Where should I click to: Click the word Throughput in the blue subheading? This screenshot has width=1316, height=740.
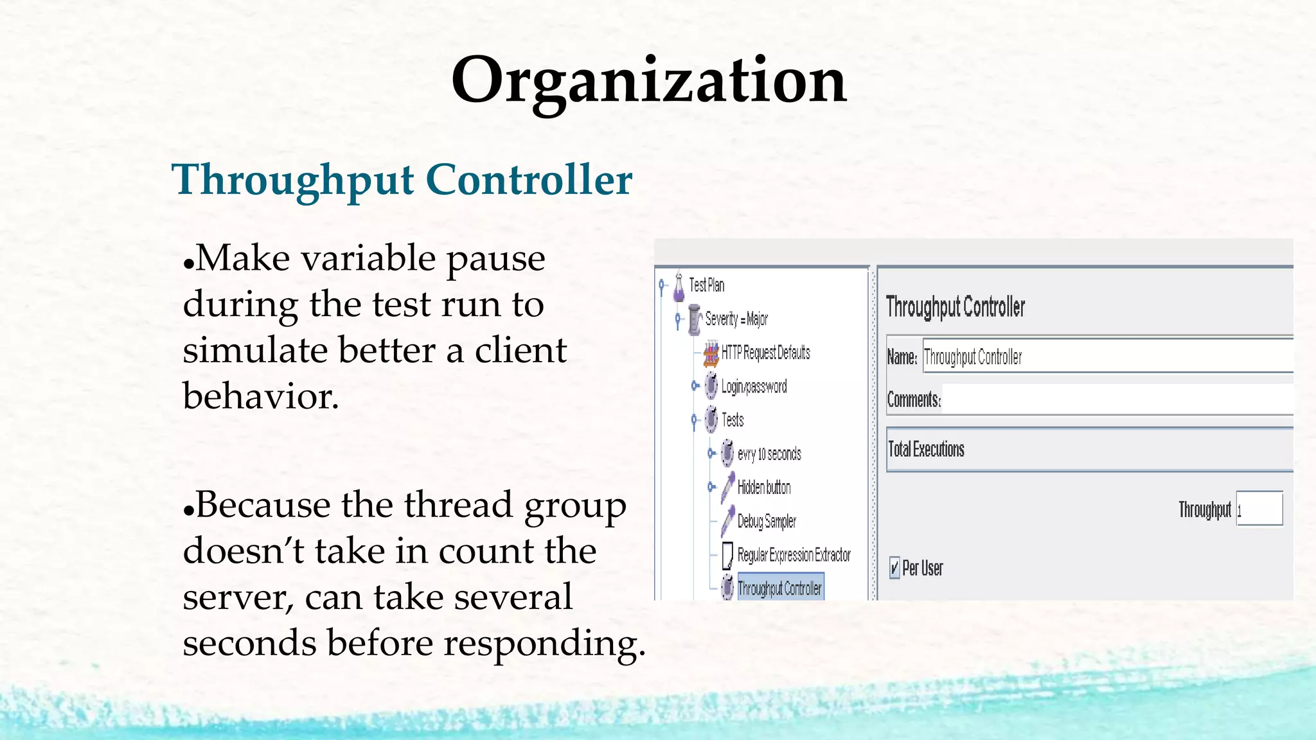pos(292,180)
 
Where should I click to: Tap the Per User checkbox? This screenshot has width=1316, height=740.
pos(894,568)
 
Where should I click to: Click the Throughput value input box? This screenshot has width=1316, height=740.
pos(1259,509)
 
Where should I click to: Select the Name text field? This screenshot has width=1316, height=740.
pos(1105,357)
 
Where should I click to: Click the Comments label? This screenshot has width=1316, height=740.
pos(914,400)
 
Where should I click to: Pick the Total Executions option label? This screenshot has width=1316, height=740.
pos(926,450)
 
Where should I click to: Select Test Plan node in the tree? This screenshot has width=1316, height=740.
pos(706,285)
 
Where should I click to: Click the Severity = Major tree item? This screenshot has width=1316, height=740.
pos(736,319)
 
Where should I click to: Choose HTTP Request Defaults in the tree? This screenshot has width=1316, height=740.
pos(765,353)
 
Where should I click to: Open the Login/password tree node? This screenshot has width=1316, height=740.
pos(754,387)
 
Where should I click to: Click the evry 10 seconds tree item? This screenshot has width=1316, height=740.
pos(769,454)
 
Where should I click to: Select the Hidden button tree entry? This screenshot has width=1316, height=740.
pos(764,488)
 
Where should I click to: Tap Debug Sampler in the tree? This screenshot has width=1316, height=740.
pos(767,521)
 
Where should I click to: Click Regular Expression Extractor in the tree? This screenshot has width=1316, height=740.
pos(794,555)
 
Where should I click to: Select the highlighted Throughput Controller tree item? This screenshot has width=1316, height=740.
pos(779,588)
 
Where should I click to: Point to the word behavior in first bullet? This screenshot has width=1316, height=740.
pos(260,396)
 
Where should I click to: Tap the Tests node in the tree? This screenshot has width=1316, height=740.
pos(733,420)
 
